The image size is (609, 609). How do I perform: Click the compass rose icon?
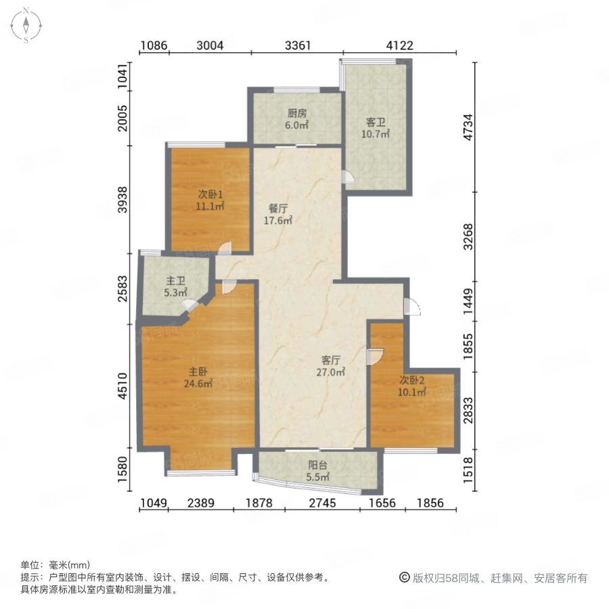[x=26, y=25]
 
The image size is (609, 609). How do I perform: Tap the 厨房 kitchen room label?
[x=297, y=113]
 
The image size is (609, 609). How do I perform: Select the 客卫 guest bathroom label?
[x=376, y=122]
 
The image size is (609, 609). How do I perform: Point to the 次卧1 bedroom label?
[x=210, y=194]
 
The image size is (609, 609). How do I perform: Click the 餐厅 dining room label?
[x=278, y=208]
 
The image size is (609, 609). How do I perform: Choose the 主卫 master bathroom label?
[x=175, y=280]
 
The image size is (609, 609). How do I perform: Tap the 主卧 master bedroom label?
[x=198, y=371]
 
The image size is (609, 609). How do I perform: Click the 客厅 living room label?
[x=331, y=360]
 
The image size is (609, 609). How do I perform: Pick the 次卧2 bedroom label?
[x=412, y=380]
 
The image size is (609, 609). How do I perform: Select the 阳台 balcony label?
[x=318, y=465]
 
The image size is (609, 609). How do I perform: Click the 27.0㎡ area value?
[x=331, y=372]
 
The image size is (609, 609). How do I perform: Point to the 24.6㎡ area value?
[x=198, y=384]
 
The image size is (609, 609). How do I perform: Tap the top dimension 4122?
[x=400, y=45]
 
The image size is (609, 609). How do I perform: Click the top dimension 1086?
[x=154, y=45]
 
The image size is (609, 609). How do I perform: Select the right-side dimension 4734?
[x=468, y=127]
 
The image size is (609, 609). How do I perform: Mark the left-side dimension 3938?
[x=122, y=200]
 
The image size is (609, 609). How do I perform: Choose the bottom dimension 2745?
[x=322, y=503]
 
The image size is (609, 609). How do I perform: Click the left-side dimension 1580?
[x=122, y=470]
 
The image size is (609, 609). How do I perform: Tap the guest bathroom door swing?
[x=348, y=177]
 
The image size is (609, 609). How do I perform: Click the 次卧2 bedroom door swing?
[x=375, y=357]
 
